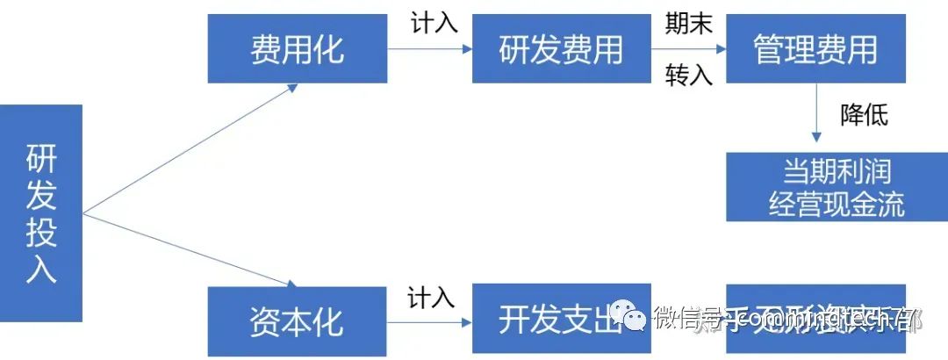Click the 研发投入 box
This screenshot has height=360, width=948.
click(41, 213)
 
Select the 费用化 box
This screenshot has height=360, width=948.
click(298, 49)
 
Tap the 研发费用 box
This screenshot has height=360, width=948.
click(561, 49)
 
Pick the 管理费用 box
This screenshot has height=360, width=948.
click(815, 49)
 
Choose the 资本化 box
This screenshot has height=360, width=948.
click(298, 320)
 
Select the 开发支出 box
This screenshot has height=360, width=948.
click(561, 319)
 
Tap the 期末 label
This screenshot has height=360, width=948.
click(688, 24)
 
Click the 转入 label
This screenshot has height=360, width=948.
click(688, 76)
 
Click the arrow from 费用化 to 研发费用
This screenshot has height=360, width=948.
click(429, 49)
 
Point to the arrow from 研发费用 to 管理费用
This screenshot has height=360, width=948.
click(688, 49)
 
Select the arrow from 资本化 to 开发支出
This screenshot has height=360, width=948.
click(429, 321)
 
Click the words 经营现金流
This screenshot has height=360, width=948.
click(836, 204)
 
